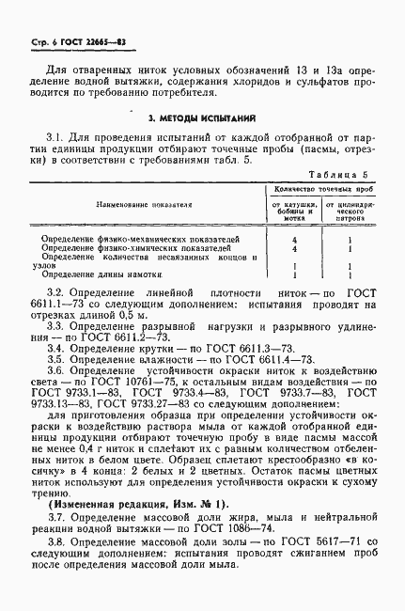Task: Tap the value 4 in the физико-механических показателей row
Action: (294, 240)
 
